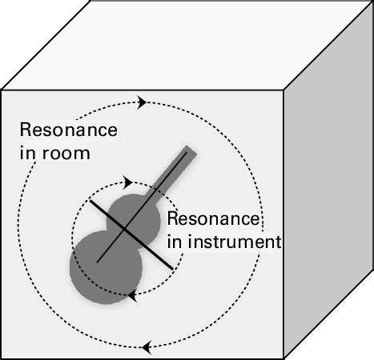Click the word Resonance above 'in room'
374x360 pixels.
[x=68, y=130]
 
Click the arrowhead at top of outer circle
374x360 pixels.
[x=143, y=102]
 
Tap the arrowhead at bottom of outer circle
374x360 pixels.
[x=145, y=348]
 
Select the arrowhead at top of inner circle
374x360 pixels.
[x=127, y=183]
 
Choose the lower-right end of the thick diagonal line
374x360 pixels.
[x=170, y=266]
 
